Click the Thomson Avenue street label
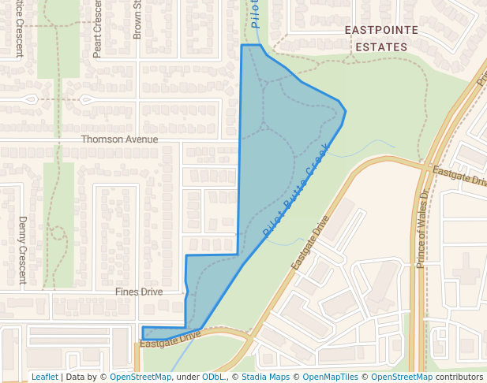click(119, 139)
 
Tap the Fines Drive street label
click(139, 292)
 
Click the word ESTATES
click(376, 46)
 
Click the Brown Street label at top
click(137, 20)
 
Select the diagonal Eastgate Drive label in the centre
click(309, 242)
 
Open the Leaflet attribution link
click(45, 377)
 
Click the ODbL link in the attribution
click(213, 377)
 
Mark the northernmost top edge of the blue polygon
click(250, 45)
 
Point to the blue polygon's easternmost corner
click(346, 111)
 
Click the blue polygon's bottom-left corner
click(142, 339)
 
